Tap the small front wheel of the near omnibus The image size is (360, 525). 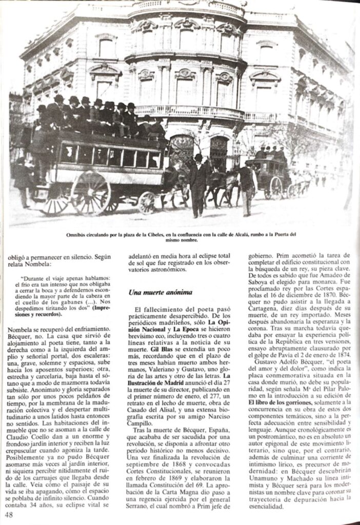(147, 202)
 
